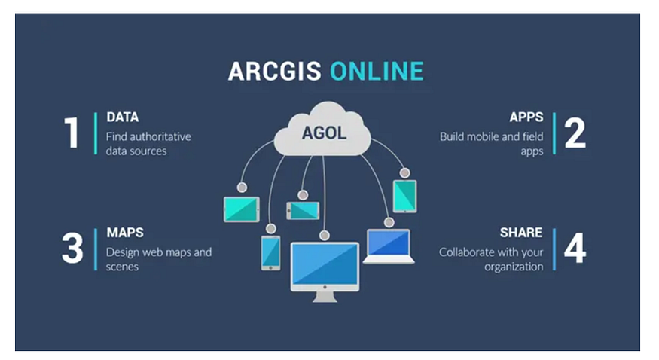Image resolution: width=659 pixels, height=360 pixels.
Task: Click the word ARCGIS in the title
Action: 275,72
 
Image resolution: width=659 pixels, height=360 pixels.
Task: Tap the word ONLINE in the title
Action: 376,72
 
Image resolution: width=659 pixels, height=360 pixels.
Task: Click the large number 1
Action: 72,133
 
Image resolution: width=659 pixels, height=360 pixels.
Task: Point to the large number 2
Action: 575,133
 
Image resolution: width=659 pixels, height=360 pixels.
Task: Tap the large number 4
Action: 575,248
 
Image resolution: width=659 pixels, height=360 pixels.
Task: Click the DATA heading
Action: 122,117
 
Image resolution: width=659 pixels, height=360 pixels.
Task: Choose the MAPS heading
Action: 124,233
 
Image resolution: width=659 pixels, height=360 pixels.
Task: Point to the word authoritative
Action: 160,136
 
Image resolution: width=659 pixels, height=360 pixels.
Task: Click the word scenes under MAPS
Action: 122,267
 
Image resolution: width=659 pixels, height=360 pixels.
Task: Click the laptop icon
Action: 389,246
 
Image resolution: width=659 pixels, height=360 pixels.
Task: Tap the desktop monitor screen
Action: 325,265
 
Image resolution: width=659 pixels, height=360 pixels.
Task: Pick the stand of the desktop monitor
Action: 325,296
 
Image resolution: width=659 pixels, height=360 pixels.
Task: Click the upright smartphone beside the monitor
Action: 270,252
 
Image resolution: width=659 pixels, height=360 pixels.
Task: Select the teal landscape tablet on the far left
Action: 241,209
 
